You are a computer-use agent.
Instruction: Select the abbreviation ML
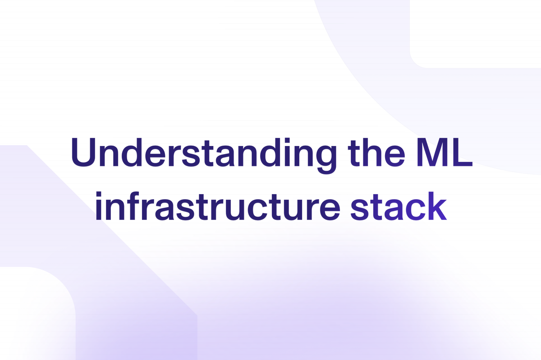coord(445,153)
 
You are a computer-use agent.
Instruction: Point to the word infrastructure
coord(218,206)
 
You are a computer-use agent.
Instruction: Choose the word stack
coord(399,206)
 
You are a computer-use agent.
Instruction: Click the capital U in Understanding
coord(83,153)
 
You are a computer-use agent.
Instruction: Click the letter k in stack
coord(437,206)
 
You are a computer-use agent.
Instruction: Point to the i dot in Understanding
coord(287,141)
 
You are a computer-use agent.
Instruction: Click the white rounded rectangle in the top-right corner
coord(475,34)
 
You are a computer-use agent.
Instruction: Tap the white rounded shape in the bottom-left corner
coord(37,314)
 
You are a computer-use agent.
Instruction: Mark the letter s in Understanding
coord(191,156)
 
